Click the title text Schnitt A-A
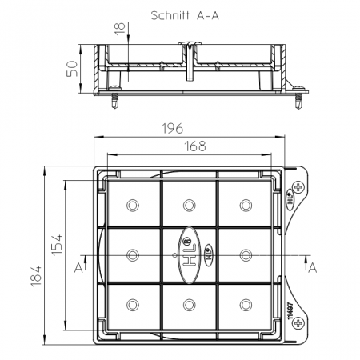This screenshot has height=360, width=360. [x=185, y=15]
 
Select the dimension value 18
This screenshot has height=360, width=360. [x=120, y=29]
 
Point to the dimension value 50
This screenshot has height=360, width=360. [x=72, y=69]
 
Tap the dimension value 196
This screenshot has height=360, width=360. [x=173, y=128]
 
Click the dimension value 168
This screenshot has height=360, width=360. [x=195, y=146]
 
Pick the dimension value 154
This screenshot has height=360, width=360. [x=57, y=245]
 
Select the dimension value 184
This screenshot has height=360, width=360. [x=36, y=276]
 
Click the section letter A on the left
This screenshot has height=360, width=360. [x=78, y=267]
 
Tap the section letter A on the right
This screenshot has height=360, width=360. [x=312, y=267]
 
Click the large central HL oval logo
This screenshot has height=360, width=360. [x=190, y=255]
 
